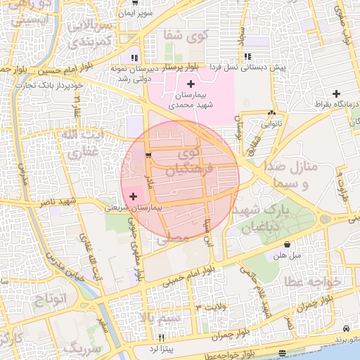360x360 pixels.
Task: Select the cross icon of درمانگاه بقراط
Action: point(337,94)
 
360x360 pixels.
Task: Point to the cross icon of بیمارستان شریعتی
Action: point(134,198)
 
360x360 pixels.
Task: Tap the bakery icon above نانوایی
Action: point(271,112)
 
